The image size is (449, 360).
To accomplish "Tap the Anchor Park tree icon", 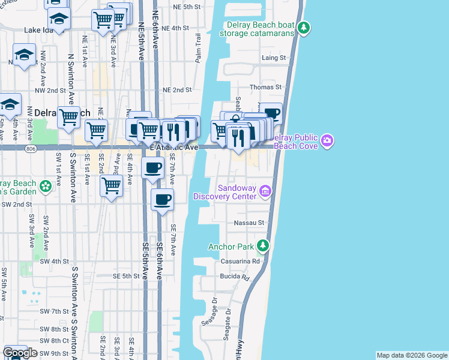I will coord(262,245).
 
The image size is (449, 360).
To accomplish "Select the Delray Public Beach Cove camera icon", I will coord(327,141).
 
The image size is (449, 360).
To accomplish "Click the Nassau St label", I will coord(253,223).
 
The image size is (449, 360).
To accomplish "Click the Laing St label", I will coord(274,58).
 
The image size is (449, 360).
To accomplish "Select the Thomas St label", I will coord(265,88).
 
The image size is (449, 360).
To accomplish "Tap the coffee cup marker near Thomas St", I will coord(271,113).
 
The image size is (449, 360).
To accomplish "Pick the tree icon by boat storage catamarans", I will coord(304,27).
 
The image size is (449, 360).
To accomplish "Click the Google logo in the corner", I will coord(20,353).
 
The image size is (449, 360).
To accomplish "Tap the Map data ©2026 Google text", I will coord(412,355).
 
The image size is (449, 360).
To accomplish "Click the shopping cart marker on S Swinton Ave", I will coord(68,116).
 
